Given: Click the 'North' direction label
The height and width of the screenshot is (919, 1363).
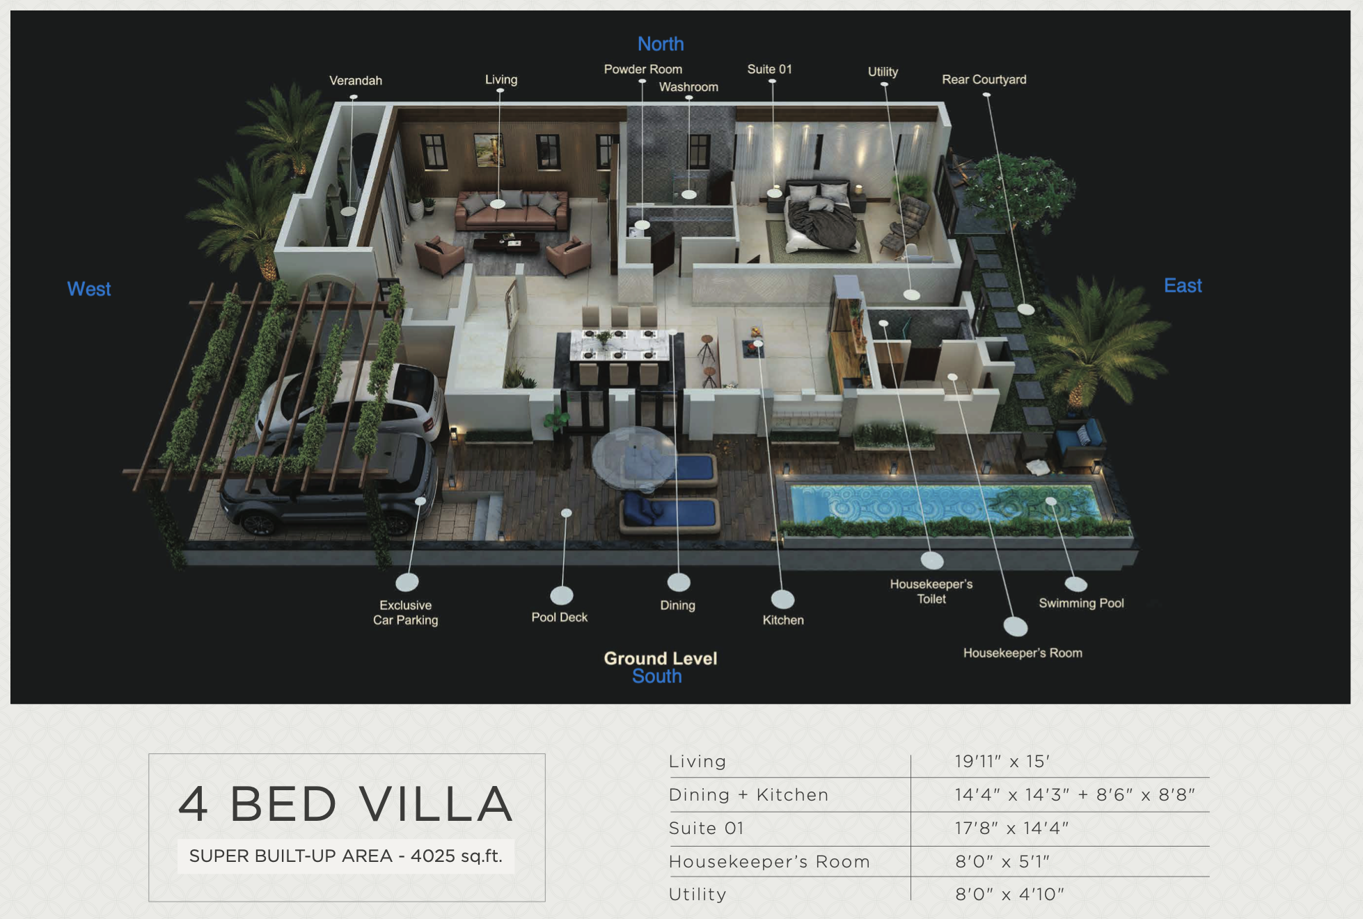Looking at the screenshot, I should coord(661,44).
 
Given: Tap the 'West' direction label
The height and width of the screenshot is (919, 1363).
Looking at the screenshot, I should coord(89,289).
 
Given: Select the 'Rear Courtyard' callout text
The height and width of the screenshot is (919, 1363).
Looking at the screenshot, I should coord(984,79).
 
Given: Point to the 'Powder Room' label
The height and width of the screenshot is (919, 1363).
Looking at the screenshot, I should coord(643,69).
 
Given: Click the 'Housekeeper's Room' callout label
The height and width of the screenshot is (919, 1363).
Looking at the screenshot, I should coord(1023,653).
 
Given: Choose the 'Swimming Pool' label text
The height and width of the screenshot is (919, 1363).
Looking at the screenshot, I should coord(1081,603).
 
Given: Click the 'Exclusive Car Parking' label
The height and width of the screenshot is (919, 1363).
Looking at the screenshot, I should coord(405,613).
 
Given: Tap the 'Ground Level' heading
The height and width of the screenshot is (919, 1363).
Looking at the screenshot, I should coord(660,658).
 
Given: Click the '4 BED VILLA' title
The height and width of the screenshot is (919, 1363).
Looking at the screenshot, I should coord(346,804).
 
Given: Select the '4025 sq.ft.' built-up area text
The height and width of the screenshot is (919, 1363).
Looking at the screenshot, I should coord(456,856).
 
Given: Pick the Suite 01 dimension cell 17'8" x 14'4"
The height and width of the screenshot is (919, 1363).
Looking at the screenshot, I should coord(1011,828).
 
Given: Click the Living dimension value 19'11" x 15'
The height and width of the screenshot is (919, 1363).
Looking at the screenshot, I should coord(1002,762).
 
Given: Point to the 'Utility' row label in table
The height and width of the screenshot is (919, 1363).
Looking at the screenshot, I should coord(698,894).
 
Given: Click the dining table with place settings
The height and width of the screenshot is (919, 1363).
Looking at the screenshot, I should coord(620,345).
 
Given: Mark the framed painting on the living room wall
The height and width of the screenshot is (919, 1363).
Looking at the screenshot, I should coord(489,150).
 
